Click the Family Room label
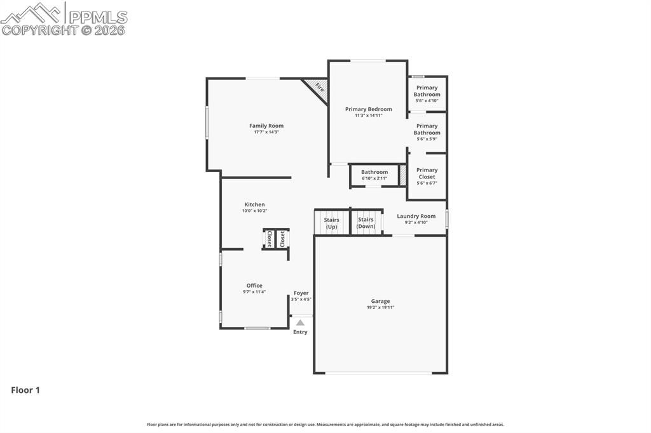pos(266,126)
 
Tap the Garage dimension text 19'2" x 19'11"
pos(380,307)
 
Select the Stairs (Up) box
pos(332,223)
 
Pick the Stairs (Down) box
pos(366,223)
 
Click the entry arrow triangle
pos(300,323)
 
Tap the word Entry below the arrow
pos(300,332)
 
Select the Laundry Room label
pos(416,216)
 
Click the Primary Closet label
pos(427,173)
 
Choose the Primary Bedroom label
pos(369,109)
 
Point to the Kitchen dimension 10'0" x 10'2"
pos(254,211)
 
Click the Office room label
pos(254,285)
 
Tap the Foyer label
pos(301,293)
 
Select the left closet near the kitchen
pos(269,239)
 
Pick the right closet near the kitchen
pos(282,239)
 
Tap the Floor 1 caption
pos(25,390)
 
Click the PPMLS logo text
pos(98,17)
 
